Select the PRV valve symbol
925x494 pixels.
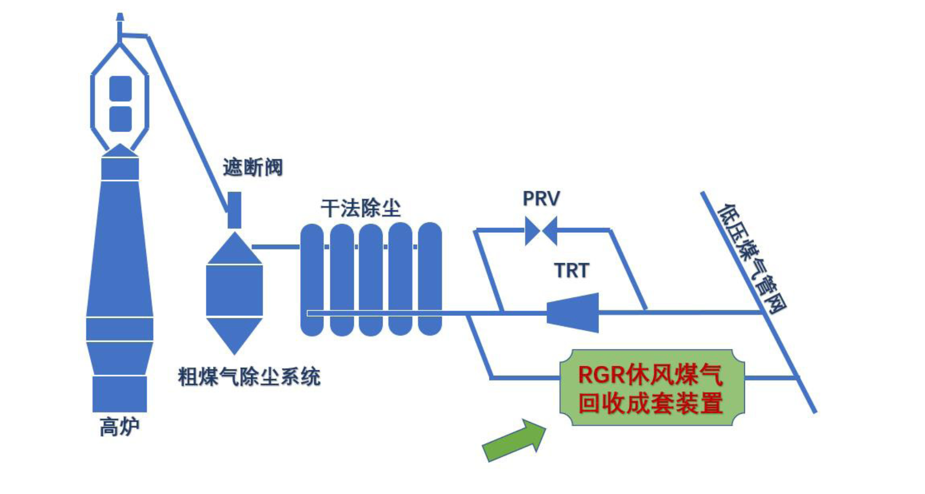pyautogui.click(x=541, y=230)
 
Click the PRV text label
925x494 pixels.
pyautogui.click(x=541, y=199)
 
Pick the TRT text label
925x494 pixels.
pyautogui.click(x=572, y=270)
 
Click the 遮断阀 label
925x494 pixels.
pyautogui.click(x=253, y=168)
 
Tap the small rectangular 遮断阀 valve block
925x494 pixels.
pyautogui.click(x=234, y=210)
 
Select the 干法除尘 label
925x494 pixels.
pyautogui.click(x=361, y=209)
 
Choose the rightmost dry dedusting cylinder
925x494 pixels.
pyautogui.click(x=430, y=279)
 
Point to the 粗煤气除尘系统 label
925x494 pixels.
pyautogui.click(x=249, y=377)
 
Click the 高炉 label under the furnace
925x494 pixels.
pyautogui.click(x=119, y=427)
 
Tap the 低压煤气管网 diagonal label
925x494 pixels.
pyautogui.click(x=751, y=259)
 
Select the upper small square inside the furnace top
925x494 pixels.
pyautogui.click(x=120, y=88)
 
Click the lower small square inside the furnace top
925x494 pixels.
pyautogui.click(x=120, y=119)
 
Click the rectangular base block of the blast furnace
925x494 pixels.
pyautogui.click(x=120, y=394)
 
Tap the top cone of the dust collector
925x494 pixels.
pyautogui.click(x=234, y=250)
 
